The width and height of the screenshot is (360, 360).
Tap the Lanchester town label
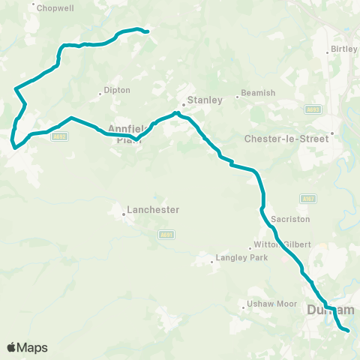[x=153, y=210]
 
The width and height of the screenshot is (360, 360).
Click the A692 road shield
[x=61, y=136]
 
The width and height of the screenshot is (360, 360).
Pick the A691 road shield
[x=167, y=234]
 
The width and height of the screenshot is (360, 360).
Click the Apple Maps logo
[x=27, y=347]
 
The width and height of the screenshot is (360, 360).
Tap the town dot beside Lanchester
[x=124, y=214]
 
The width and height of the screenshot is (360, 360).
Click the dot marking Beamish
[x=238, y=96]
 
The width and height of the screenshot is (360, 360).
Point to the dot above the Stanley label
[x=184, y=104]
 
